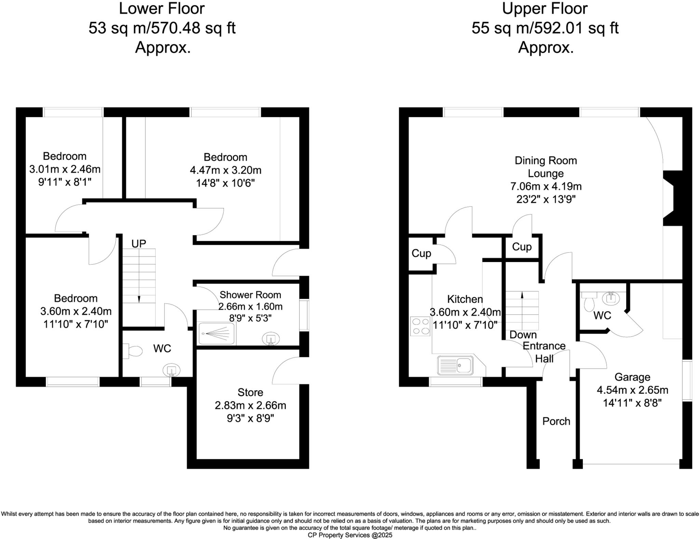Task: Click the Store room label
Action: point(250,392)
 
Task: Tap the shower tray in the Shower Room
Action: point(217,333)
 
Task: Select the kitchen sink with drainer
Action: point(455,365)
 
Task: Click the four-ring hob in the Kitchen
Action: point(420,326)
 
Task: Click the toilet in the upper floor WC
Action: point(589,302)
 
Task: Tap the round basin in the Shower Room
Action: point(271,339)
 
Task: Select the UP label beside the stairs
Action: point(139,244)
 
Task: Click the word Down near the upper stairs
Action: point(523,335)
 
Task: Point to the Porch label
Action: point(556,421)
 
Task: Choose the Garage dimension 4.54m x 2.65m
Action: point(632,390)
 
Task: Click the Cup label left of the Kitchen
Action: point(421,253)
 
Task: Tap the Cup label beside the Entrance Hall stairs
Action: point(522,247)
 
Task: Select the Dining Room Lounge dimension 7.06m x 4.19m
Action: point(546,186)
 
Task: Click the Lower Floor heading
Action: point(162,9)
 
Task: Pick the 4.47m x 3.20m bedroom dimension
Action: point(226,170)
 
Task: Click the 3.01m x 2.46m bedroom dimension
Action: point(65,169)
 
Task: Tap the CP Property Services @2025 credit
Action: point(350,535)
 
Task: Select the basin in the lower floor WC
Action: point(171,370)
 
